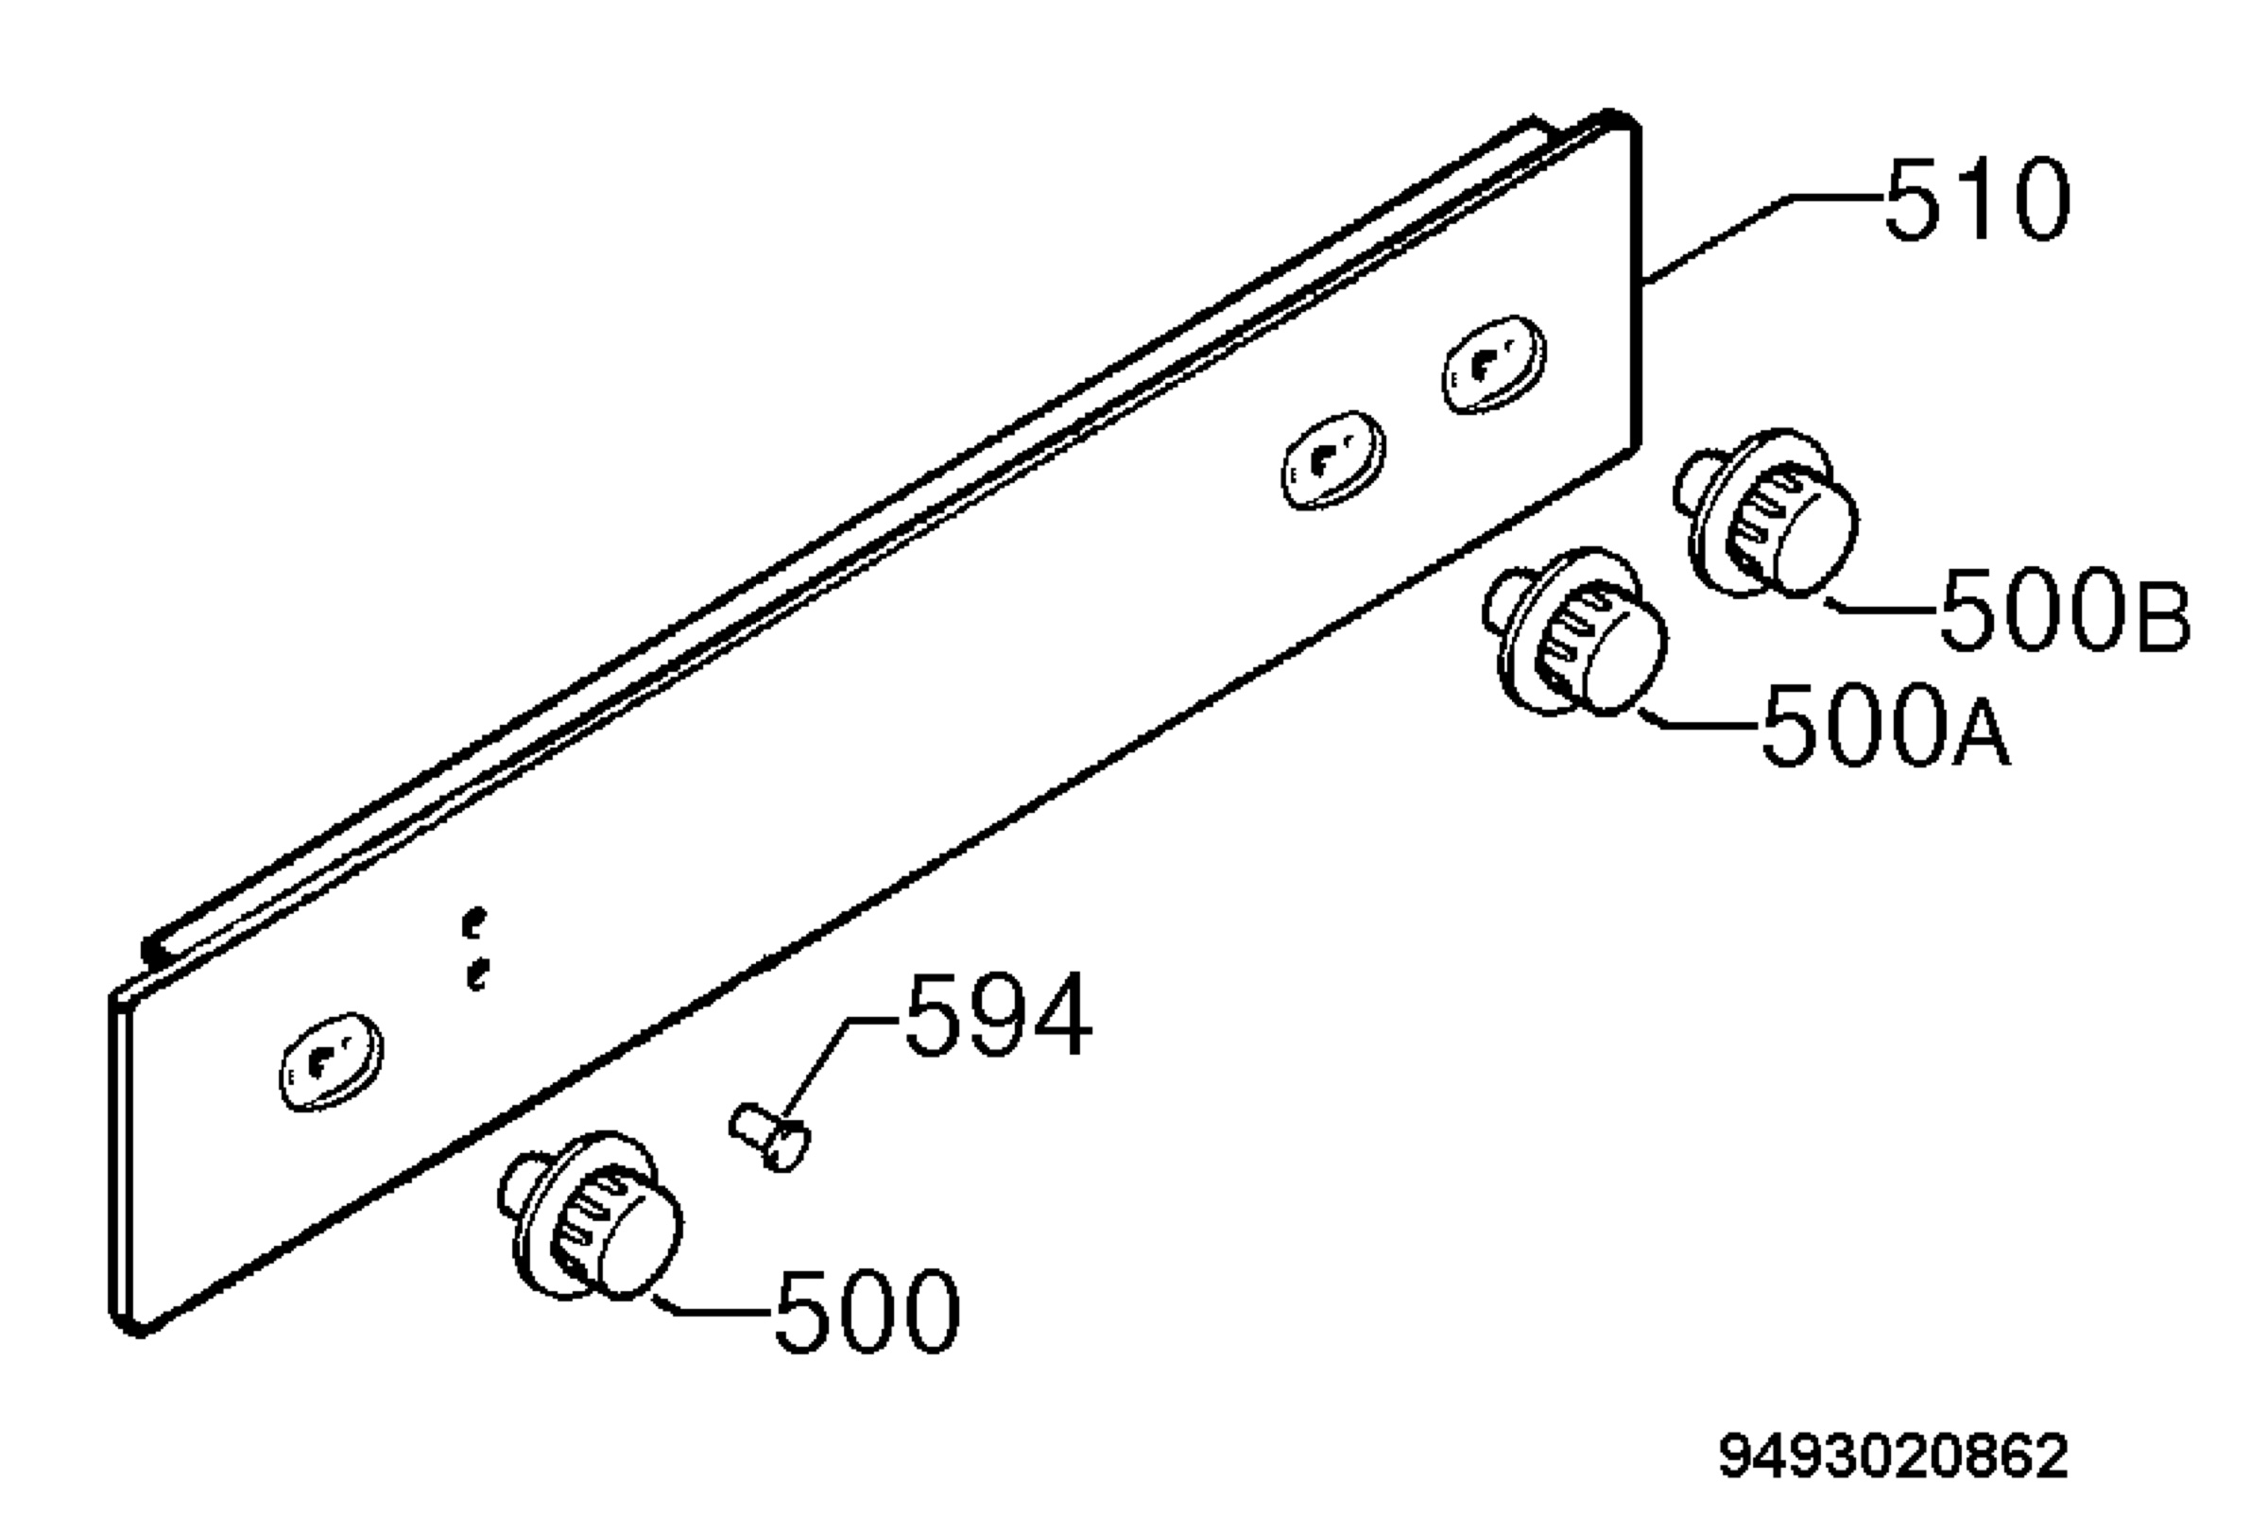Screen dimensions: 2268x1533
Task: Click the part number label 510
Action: click(1977, 200)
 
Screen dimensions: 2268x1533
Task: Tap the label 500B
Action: click(2065, 610)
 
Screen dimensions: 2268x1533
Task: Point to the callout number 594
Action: click(998, 1015)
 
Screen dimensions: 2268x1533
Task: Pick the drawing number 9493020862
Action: click(1893, 1455)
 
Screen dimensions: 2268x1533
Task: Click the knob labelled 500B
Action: click(1766, 513)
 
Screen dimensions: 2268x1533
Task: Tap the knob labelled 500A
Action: click(1575, 632)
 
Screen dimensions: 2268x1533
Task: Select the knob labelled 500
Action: click(592, 1215)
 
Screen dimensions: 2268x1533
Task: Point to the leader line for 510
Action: click(1762, 240)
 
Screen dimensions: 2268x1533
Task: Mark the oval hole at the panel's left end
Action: click(331, 1061)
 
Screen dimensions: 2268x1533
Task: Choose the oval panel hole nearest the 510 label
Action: click(1493, 364)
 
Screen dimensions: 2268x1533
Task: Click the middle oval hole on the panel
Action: click(1333, 459)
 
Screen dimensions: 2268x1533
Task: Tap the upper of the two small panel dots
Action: click(475, 922)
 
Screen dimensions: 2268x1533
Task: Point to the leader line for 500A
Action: click(1700, 720)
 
